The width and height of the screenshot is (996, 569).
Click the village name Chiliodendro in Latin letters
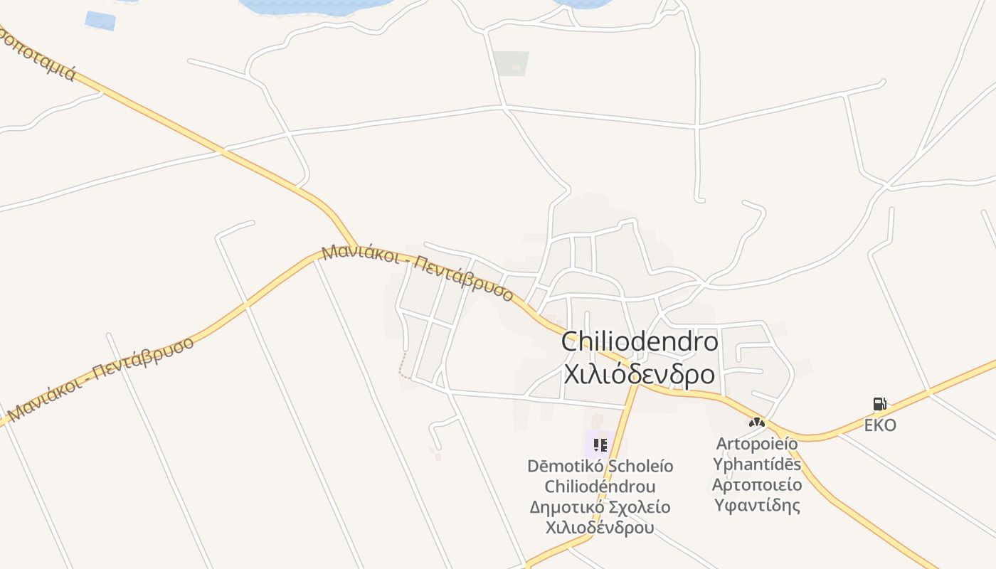click(639, 342)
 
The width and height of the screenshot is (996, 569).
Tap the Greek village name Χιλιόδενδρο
click(639, 373)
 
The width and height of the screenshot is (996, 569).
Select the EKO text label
click(880, 426)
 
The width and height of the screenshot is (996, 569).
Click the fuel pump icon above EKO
click(880, 404)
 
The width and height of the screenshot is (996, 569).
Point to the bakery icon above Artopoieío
click(756, 422)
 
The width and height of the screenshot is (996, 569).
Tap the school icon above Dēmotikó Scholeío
click(600, 445)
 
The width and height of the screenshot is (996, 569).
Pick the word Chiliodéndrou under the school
click(600, 487)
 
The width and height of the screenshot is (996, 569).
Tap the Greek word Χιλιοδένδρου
click(600, 528)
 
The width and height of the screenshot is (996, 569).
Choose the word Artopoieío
click(757, 444)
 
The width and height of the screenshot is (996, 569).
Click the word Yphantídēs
click(757, 464)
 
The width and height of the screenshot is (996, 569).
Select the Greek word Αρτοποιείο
click(757, 485)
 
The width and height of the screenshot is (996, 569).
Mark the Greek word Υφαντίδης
click(757, 506)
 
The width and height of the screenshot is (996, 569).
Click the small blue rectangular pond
click(100, 20)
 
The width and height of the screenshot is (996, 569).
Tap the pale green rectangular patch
click(512, 63)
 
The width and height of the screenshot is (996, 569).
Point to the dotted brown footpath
click(403, 363)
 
